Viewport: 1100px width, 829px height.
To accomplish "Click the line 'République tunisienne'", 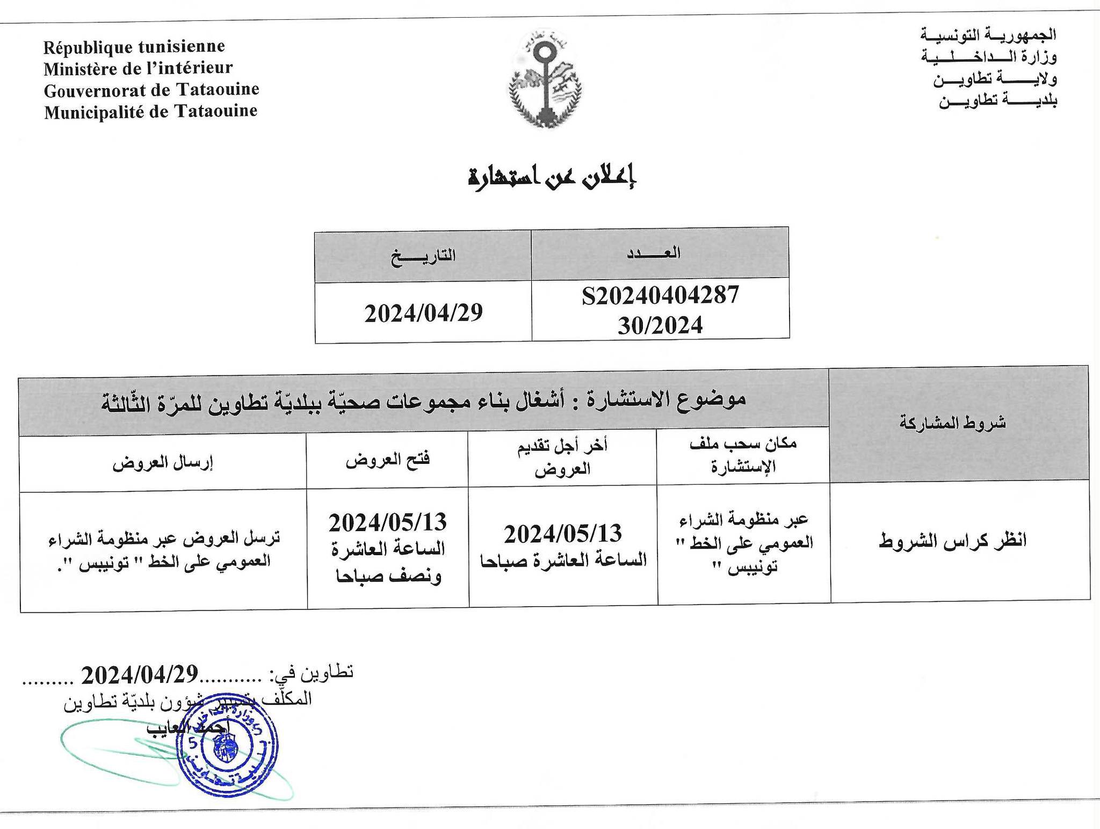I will click(134, 47).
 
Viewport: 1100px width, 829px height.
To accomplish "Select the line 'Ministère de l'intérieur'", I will click(138, 68).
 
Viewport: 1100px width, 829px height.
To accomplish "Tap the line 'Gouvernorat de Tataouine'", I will click(151, 90).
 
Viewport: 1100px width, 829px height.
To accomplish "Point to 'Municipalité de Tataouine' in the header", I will click(151, 112).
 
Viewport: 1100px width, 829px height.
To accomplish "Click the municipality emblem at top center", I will click(545, 79).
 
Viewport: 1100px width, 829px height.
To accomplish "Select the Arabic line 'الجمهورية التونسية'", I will click(988, 35).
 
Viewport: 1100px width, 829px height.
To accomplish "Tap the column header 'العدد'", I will click(654, 252).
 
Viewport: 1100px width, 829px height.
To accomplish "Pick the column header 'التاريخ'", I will click(423, 256).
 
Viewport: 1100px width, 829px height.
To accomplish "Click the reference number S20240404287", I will click(660, 295).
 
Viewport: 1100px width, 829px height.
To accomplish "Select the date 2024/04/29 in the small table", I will click(423, 313).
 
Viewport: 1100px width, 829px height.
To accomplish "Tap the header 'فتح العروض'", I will click(387, 460).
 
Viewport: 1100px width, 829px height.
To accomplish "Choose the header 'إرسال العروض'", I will click(162, 463).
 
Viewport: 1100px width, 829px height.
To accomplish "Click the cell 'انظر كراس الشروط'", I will click(953, 540).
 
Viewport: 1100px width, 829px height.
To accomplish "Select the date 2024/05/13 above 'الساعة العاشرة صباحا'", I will click(562, 533).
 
